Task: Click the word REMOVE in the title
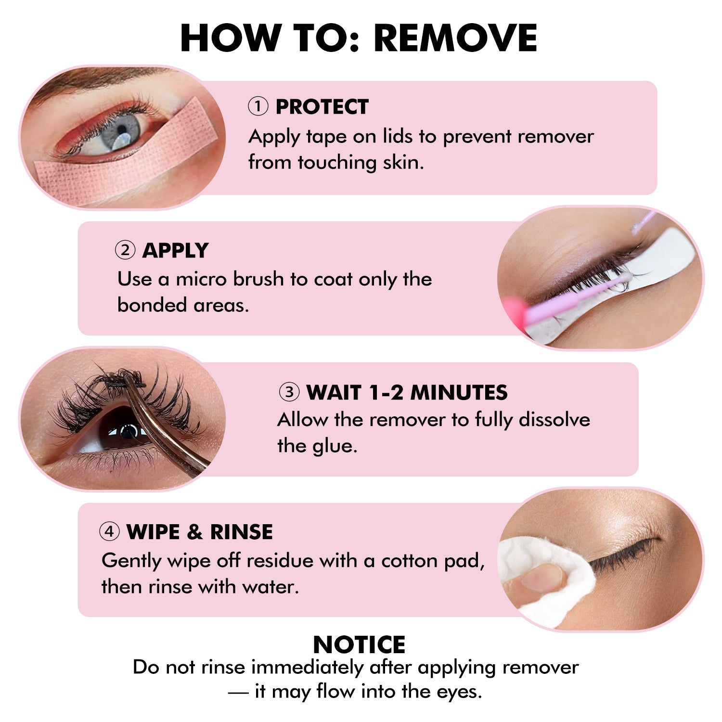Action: [455, 39]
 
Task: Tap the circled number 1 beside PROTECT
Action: [258, 106]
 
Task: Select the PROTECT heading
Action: [322, 107]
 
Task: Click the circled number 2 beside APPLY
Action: [125, 250]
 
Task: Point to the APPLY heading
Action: [175, 250]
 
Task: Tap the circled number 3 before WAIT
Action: [289, 392]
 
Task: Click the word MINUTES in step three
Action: [459, 393]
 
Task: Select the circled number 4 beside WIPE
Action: [109, 532]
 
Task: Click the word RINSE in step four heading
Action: [241, 532]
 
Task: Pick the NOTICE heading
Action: [359, 645]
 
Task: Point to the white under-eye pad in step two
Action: [664, 270]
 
